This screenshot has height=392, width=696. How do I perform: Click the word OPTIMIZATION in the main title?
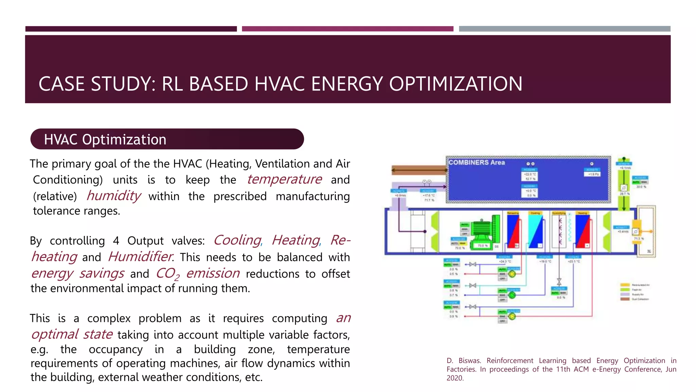455,84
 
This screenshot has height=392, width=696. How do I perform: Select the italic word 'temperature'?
284,179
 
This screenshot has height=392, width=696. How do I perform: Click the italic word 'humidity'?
114,196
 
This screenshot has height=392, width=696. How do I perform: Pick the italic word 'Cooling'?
237,240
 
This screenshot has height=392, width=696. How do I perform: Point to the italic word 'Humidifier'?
140,257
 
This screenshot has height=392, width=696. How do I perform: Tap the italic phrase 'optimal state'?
72,334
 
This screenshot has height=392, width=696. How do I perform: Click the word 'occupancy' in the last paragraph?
116,349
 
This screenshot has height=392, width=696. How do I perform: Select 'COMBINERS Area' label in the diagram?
476,163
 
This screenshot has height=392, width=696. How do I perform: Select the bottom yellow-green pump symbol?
512,316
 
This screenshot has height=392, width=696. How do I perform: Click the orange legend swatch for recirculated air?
625,285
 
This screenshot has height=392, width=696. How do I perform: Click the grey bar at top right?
564,29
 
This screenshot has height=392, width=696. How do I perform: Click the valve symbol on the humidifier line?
559,281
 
